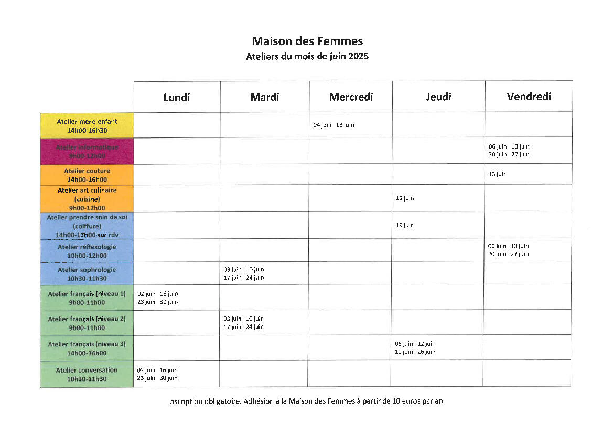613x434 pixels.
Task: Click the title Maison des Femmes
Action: click(307, 41)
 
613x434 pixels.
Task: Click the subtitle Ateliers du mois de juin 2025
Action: click(307, 57)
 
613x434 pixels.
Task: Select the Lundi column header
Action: click(177, 97)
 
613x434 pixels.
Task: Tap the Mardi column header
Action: click(265, 97)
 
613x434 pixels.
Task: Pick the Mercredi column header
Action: click(351, 97)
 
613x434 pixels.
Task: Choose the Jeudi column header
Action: click(438, 97)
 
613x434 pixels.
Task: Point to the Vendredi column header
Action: click(529, 97)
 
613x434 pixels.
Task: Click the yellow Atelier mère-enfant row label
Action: click(87, 125)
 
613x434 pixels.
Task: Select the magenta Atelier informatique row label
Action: click(87, 151)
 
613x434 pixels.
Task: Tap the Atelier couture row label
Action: click(87, 175)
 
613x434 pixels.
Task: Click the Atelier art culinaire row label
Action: click(87, 198)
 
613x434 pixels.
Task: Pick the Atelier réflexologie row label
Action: click(87, 251)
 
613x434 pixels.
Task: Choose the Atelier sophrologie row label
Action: click(87, 274)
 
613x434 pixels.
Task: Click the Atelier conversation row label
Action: click(87, 374)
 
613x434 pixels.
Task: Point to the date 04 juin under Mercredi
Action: click(322, 125)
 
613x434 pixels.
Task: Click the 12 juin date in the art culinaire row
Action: click(405, 198)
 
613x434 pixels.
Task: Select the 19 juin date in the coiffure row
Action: click(405, 226)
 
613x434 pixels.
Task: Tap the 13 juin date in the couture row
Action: click(498, 174)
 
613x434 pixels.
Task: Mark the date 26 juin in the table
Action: click(426, 352)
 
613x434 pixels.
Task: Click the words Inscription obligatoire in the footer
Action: click(204, 401)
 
